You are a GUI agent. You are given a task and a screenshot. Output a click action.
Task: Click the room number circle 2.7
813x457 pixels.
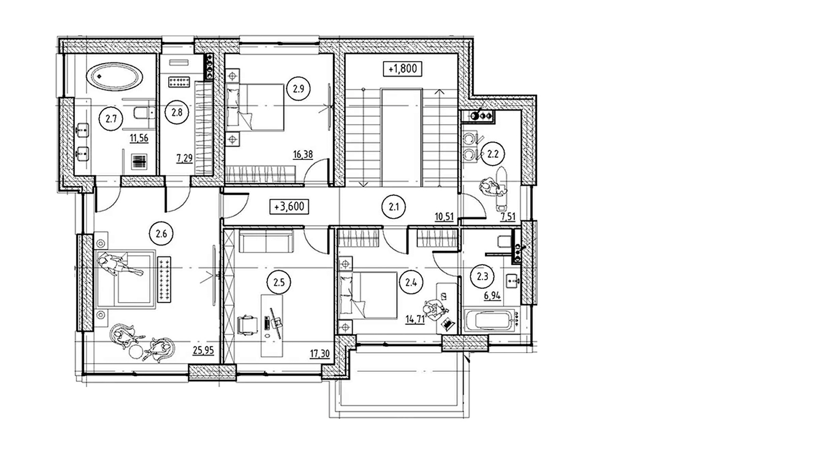click(111, 119)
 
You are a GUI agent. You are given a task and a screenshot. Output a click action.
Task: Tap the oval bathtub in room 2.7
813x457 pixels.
click(114, 77)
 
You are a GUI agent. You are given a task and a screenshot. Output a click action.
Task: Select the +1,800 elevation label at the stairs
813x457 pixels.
click(402, 69)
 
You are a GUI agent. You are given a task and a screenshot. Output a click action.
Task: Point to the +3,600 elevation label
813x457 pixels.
click(289, 207)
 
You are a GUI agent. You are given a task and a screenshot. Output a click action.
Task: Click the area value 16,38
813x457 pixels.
click(303, 155)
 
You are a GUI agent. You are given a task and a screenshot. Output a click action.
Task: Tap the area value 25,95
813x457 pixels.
click(203, 350)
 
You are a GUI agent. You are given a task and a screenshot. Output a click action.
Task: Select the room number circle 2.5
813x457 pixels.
click(279, 282)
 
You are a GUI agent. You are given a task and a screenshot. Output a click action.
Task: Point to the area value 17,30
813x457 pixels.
click(320, 353)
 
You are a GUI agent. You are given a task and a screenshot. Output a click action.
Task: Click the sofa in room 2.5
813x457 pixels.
click(266, 241)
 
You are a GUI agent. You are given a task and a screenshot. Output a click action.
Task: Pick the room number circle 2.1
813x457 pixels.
click(394, 207)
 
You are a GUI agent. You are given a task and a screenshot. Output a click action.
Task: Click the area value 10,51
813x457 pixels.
click(444, 217)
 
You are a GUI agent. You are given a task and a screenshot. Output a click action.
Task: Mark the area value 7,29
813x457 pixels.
click(184, 158)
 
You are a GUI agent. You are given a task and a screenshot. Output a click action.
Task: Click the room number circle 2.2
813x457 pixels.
click(492, 154)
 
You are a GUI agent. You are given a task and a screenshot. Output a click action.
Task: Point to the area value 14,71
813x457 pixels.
click(415, 320)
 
